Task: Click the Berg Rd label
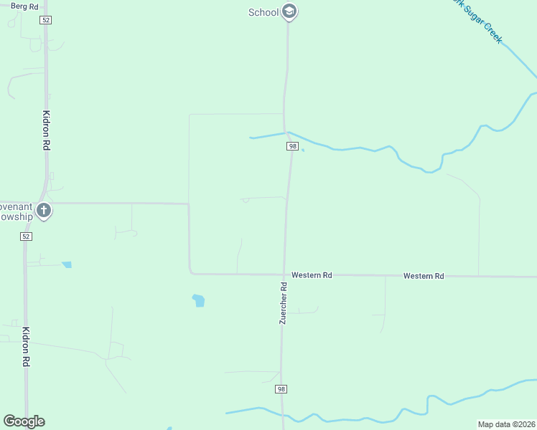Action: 24,6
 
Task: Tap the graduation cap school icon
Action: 289,11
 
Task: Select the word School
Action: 263,12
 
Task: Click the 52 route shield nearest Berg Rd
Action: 46,20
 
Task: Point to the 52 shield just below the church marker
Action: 27,236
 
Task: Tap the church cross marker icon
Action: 44,211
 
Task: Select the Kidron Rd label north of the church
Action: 46,130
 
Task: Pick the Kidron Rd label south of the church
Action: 26,347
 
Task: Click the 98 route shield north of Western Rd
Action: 292,146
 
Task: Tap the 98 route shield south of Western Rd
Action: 281,389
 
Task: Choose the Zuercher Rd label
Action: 284,303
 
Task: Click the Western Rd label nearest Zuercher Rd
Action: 312,275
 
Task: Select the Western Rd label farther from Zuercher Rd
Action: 424,276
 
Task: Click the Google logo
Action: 24,421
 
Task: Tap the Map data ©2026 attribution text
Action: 506,424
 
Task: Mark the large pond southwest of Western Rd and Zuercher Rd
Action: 199,300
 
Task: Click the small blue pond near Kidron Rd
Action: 67,264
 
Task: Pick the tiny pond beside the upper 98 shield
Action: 302,150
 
